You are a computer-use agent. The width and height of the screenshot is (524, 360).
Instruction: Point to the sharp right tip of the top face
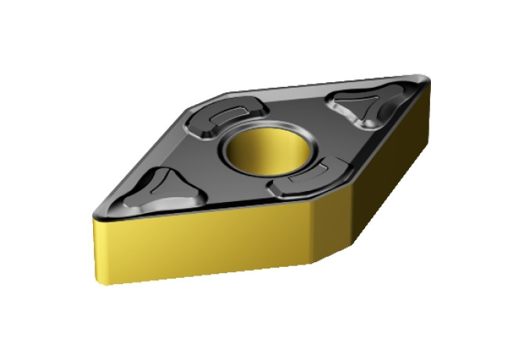tap(427, 79)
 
